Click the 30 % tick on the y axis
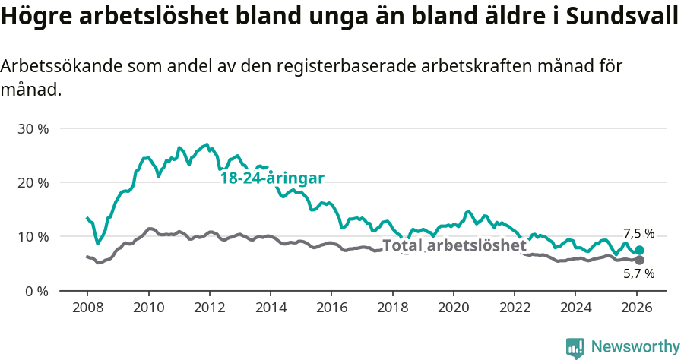click(x=33, y=128)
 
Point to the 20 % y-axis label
click(x=33, y=182)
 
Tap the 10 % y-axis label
click(x=33, y=236)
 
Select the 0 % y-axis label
click(x=36, y=291)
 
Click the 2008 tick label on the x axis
click(x=87, y=309)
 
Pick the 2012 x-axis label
click(x=209, y=309)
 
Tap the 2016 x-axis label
click(x=331, y=309)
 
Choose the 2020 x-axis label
click(x=453, y=309)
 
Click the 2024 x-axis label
click(x=575, y=309)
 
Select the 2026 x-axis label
click(x=636, y=309)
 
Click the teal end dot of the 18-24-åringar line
click(x=639, y=250)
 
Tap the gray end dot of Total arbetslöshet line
click(x=639, y=260)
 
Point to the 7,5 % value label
click(x=638, y=234)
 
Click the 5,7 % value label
click(x=638, y=273)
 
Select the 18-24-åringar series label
click(x=272, y=178)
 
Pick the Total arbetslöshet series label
click(x=454, y=245)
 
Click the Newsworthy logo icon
click(x=575, y=347)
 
